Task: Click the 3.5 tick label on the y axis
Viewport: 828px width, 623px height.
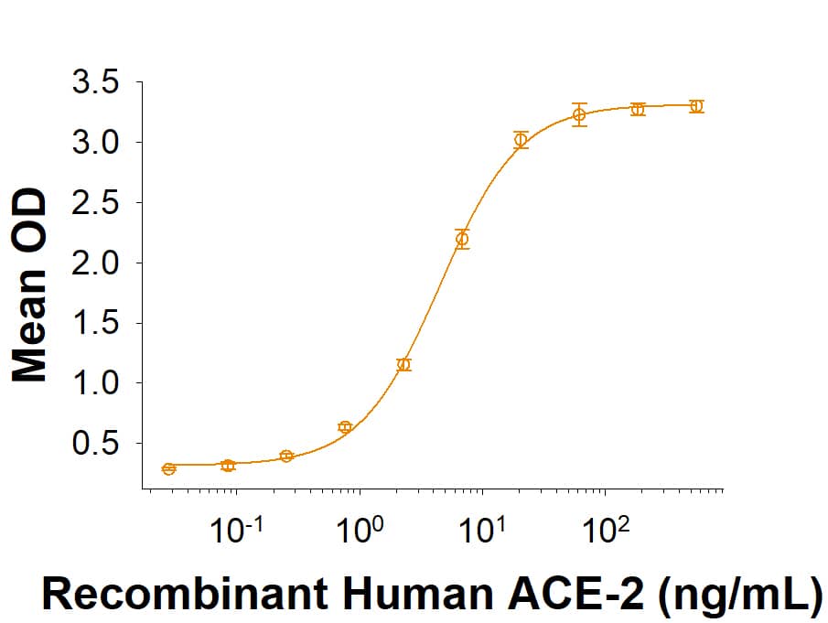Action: pyautogui.click(x=94, y=83)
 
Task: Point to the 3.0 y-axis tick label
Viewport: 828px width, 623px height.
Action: pyautogui.click(x=94, y=144)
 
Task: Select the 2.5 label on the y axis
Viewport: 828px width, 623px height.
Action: pyautogui.click(x=94, y=203)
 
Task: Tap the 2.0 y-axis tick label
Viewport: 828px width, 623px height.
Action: pyautogui.click(x=94, y=263)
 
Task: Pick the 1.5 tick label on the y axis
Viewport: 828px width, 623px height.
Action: pyautogui.click(x=94, y=323)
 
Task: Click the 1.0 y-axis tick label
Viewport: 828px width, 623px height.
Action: pyautogui.click(x=94, y=383)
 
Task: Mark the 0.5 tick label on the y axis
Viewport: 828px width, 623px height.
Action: pyautogui.click(x=94, y=444)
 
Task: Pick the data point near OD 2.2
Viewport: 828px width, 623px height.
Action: pyautogui.click(x=462, y=240)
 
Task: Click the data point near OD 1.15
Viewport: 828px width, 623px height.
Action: pyautogui.click(x=403, y=365)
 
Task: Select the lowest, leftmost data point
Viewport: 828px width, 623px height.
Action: pyautogui.click(x=168, y=469)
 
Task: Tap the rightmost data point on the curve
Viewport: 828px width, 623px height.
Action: pyautogui.click(x=696, y=106)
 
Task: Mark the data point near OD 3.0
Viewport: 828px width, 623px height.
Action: pyautogui.click(x=521, y=140)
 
